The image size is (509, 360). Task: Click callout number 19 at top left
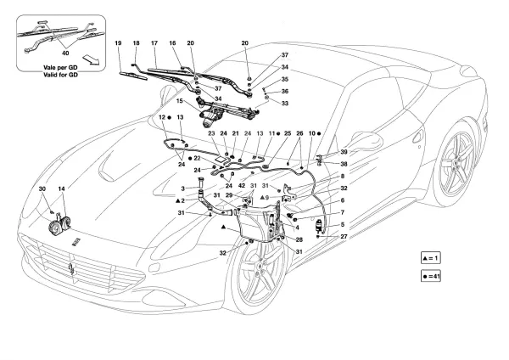point(119,42)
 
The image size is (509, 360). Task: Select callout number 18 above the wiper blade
point(137,42)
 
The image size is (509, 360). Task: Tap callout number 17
point(154,42)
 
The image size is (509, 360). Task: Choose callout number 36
point(285,91)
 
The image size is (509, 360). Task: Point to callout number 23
point(211,133)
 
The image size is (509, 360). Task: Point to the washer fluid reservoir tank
point(255,228)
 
